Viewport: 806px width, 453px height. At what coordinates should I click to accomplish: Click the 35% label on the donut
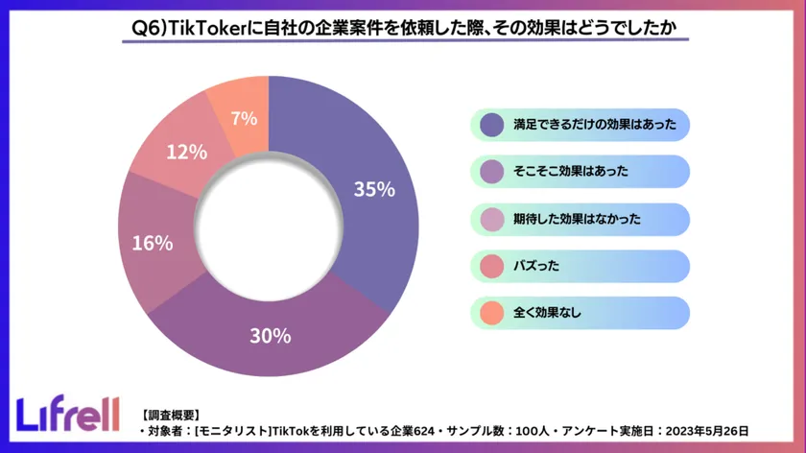coord(374,190)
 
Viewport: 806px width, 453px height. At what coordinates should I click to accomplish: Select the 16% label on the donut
coord(152,244)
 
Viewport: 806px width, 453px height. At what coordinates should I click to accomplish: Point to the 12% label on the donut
coord(186,152)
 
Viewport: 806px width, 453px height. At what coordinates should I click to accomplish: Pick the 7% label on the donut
coord(244,119)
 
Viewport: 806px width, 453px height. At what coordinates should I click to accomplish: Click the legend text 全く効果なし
coord(548,313)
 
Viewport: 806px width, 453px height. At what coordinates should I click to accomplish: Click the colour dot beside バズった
coord(491,266)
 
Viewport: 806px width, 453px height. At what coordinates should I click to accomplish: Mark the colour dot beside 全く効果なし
coord(491,313)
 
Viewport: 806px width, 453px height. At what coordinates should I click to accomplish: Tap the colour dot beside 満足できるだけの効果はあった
coord(491,125)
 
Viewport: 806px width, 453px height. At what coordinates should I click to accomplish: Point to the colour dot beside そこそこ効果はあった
coord(491,172)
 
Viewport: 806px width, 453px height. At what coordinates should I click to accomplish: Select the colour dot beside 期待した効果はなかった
coord(491,219)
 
